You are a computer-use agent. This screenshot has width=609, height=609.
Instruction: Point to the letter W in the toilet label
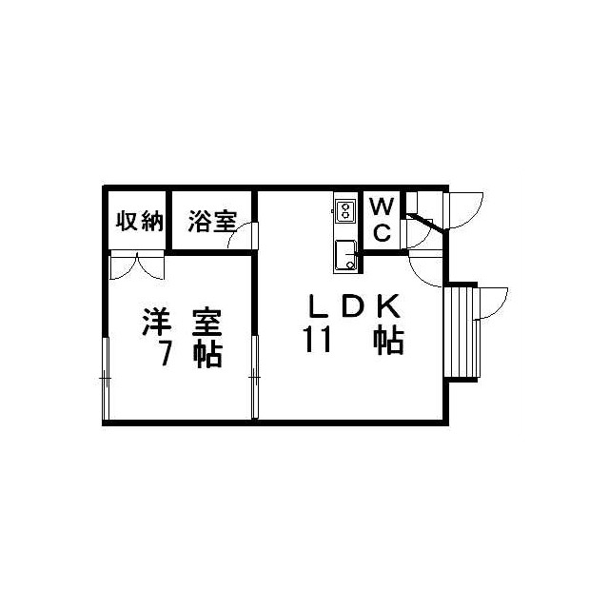point(380,206)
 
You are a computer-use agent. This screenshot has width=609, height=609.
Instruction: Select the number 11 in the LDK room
point(317,340)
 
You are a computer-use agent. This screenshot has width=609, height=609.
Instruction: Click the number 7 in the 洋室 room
point(165,352)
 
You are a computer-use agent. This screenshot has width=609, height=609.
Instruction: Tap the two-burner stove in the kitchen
point(344,210)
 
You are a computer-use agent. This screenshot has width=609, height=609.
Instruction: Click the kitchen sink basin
point(344,255)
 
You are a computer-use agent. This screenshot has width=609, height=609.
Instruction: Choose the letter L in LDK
point(317,306)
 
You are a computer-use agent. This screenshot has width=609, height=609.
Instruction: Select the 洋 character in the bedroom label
point(158,321)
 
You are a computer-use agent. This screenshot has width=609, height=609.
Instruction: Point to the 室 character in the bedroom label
point(206,321)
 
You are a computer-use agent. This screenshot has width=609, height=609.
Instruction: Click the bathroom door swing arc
point(245,235)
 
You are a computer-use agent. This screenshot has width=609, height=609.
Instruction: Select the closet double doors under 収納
point(137,264)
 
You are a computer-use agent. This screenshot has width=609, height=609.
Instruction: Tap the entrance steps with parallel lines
point(461,330)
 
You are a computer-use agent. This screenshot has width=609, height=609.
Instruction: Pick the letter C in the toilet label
point(380,233)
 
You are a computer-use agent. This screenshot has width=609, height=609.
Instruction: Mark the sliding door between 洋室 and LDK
point(255,377)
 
